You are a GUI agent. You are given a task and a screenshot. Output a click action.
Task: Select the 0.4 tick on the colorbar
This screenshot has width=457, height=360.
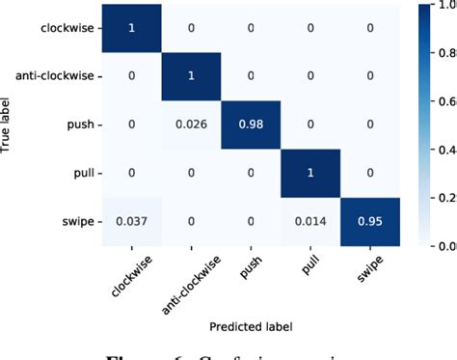pyautogui.click(x=447, y=150)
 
